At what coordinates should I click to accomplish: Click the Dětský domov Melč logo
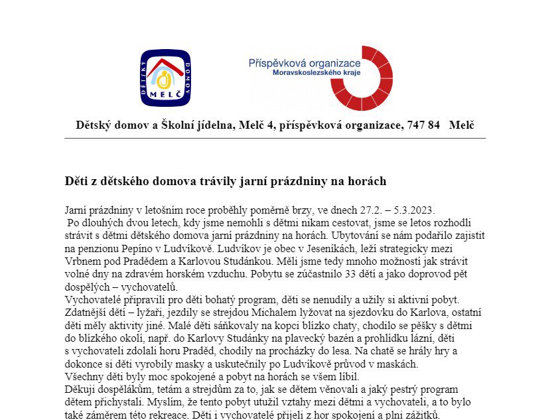pos(165,78)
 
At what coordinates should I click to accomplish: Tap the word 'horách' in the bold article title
pos(368,180)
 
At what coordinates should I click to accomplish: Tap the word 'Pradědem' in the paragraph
pos(139,261)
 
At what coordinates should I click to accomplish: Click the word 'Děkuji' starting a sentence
pos(80,389)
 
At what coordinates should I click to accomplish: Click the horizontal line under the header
pos(275,138)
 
